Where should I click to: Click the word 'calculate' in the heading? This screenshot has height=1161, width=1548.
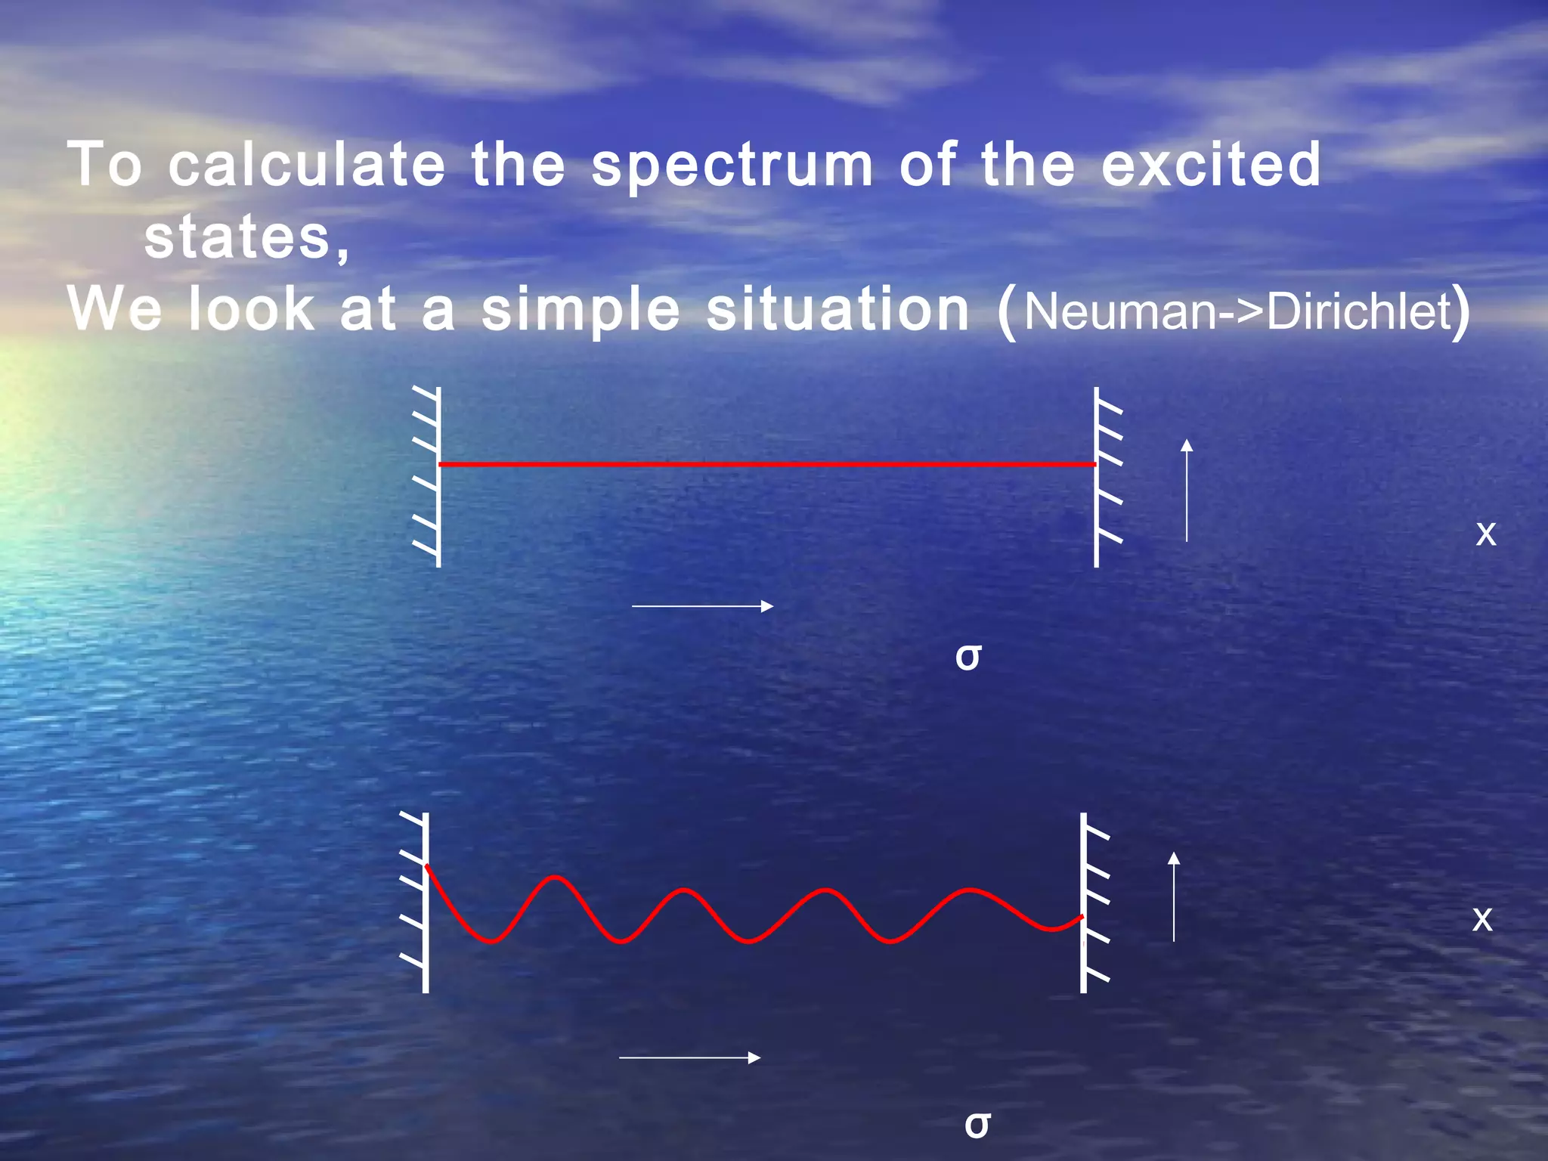pyautogui.click(x=306, y=164)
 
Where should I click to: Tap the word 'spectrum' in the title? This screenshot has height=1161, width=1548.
pyautogui.click(x=732, y=166)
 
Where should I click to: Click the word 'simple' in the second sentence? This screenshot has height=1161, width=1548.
pyautogui.click(x=580, y=310)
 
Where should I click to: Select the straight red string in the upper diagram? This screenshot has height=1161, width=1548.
pyautogui.click(x=767, y=463)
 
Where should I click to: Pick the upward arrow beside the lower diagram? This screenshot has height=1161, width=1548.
pyautogui.click(x=1174, y=896)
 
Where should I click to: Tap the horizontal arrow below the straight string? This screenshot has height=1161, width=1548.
pyautogui.click(x=702, y=606)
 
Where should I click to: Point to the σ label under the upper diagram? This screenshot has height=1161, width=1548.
pyautogui.click(x=968, y=656)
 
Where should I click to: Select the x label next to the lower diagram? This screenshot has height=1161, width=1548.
pyautogui.click(x=1483, y=919)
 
